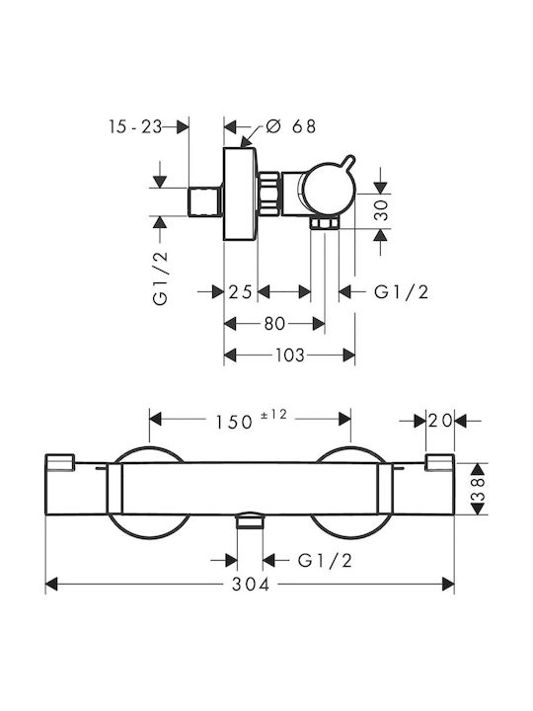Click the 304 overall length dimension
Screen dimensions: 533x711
(x=251, y=584)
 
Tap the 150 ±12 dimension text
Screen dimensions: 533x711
(x=251, y=420)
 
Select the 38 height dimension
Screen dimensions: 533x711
(x=479, y=489)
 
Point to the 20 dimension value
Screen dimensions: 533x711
(x=440, y=422)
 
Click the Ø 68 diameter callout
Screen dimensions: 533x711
(x=290, y=126)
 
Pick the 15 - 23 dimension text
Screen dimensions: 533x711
(x=135, y=126)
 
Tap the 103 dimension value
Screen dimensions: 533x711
(x=290, y=355)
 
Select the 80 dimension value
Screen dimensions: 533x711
(x=274, y=324)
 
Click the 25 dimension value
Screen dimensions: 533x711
(x=240, y=292)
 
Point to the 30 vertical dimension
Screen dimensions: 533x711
(x=383, y=210)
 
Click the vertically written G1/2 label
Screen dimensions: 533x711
(x=161, y=277)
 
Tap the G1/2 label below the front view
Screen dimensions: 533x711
(x=325, y=561)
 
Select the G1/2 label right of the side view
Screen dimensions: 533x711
(x=401, y=292)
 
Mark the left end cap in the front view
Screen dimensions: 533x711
(x=60, y=462)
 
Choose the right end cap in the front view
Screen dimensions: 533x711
(x=439, y=462)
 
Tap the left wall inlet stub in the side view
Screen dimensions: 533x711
(x=205, y=201)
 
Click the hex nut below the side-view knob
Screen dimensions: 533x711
(x=325, y=223)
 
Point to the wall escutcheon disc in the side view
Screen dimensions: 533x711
(x=241, y=194)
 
